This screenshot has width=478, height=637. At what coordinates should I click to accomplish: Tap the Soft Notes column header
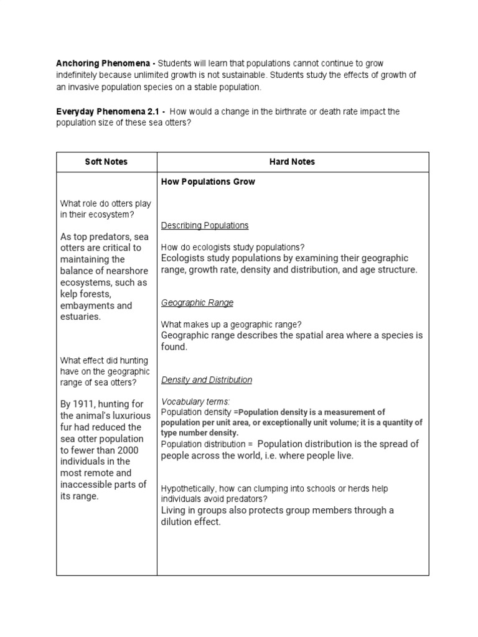tap(106, 162)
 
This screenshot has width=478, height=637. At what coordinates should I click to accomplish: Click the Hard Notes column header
tap(293, 162)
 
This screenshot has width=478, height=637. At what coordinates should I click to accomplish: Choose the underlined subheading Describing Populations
tap(205, 225)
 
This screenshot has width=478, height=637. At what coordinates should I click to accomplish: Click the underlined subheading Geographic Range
tap(197, 303)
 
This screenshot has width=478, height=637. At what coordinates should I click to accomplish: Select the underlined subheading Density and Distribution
tap(207, 379)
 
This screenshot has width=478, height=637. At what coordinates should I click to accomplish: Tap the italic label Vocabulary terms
tap(195, 401)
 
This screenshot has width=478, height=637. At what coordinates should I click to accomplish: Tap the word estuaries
tap(80, 317)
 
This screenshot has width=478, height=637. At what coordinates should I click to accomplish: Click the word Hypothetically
tap(187, 489)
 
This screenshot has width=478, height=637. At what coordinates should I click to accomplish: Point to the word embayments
tap(89, 305)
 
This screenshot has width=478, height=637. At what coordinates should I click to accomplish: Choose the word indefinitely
tap(78, 75)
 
